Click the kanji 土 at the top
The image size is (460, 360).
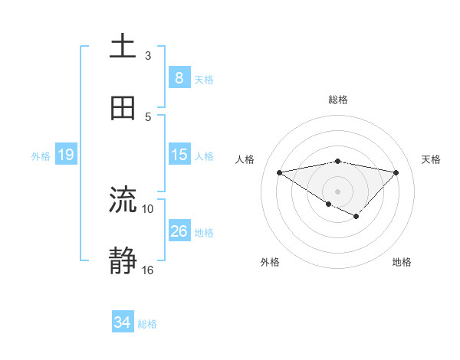123,47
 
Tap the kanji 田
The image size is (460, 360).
123,109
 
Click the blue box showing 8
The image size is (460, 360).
179,78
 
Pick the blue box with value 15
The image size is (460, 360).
179,155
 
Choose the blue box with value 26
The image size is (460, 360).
179,231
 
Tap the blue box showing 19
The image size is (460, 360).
65,155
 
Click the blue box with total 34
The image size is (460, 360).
123,322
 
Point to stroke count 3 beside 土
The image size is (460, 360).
148,55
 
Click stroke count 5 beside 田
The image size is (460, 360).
148,117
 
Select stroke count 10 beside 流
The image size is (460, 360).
148,208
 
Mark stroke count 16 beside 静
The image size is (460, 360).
148,270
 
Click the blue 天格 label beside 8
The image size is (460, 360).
204,79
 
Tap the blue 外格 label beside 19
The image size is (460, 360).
41,155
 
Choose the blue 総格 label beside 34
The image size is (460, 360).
147,323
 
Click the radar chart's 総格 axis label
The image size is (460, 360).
337,100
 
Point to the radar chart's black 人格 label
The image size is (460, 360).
246,159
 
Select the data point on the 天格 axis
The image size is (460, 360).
396,172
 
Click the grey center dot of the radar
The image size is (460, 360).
337,191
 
